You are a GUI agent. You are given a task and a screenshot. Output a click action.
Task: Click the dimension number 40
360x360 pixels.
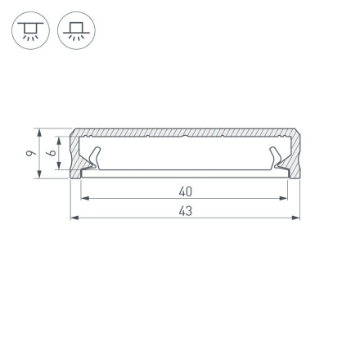[x=185, y=191]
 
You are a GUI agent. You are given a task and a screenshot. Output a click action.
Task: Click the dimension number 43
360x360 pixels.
[x=185, y=211]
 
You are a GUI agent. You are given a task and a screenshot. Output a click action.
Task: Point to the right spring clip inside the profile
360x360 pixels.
[x=278, y=160]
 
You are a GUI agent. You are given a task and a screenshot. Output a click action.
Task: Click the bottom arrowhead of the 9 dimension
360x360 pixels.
[x=38, y=175]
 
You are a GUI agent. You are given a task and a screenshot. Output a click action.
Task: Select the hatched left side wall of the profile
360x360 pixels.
[x=75, y=153]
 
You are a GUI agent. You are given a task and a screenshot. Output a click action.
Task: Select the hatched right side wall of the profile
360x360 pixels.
[x=295, y=153]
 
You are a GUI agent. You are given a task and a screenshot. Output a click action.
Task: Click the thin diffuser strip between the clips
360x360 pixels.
[x=185, y=171]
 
